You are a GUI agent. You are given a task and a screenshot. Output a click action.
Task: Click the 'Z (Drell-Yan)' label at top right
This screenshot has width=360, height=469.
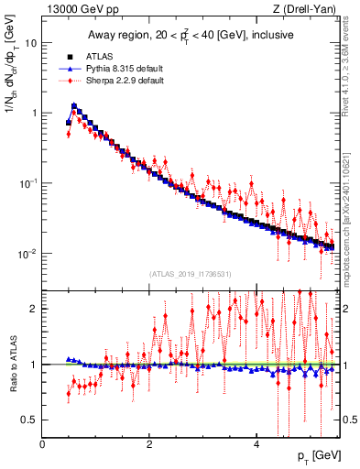(x=310, y=10)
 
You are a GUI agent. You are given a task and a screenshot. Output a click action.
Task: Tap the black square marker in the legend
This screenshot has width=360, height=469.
(x=69, y=56)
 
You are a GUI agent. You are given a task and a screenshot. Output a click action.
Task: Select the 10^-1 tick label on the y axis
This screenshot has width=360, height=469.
(x=28, y=182)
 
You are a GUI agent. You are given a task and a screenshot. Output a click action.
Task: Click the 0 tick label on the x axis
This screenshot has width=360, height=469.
(x=42, y=443)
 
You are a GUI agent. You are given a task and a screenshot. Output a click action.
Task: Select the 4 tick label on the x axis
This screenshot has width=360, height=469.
(x=256, y=443)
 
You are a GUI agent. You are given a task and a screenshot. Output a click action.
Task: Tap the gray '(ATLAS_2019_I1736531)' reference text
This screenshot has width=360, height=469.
(x=191, y=273)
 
